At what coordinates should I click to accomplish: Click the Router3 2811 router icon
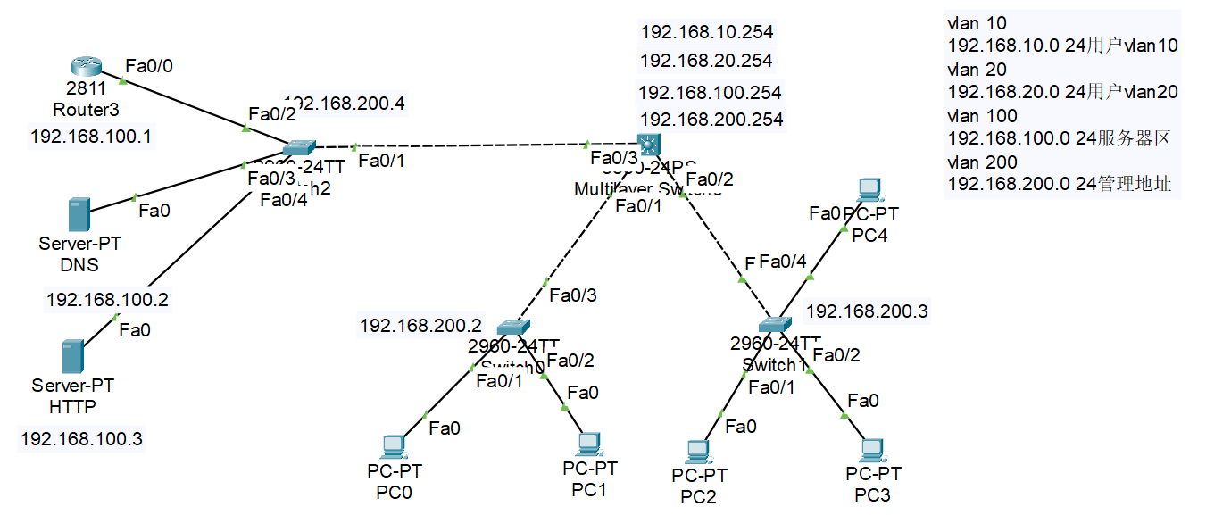coord(86,66)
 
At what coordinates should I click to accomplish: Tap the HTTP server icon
coord(73,356)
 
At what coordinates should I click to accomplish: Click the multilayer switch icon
coord(648,144)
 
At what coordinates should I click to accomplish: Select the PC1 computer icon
coord(587,444)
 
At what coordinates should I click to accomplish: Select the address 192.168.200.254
coord(711,119)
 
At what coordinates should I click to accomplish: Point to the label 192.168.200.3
coord(867,311)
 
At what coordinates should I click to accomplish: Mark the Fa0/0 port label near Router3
coord(151,65)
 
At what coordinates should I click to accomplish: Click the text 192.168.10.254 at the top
coord(706,32)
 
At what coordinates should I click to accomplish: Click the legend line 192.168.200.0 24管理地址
coord(1059,185)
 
